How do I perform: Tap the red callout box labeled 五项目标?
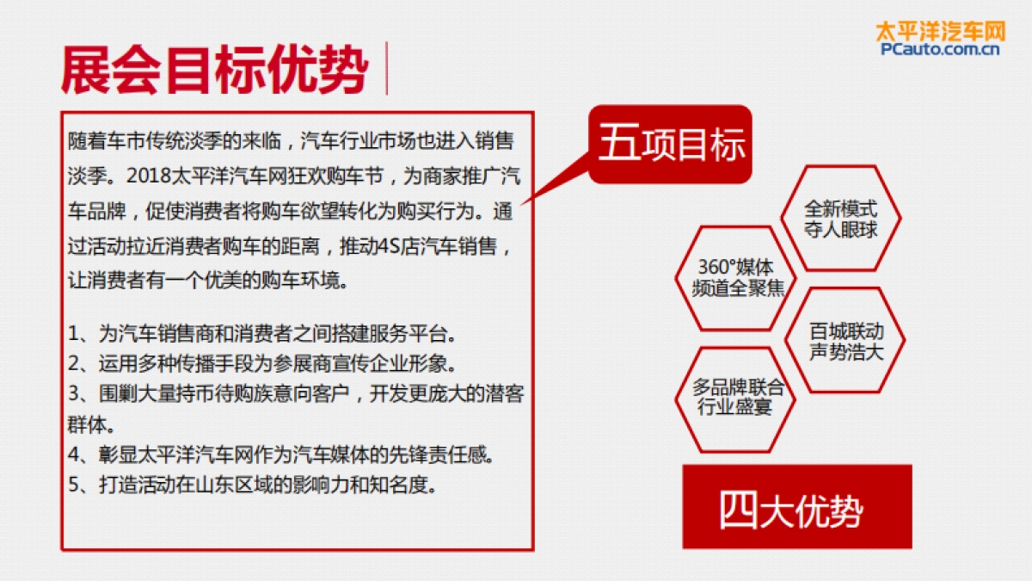coord(671,144)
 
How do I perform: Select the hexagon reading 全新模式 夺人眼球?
coord(840,219)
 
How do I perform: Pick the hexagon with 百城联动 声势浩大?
coord(845,341)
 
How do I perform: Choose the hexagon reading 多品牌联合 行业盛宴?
coord(737,398)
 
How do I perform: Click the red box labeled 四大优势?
coord(796,507)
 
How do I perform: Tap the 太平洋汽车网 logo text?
coord(940,31)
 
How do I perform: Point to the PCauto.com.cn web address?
coord(940,50)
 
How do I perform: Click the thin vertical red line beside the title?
coord(386,68)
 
